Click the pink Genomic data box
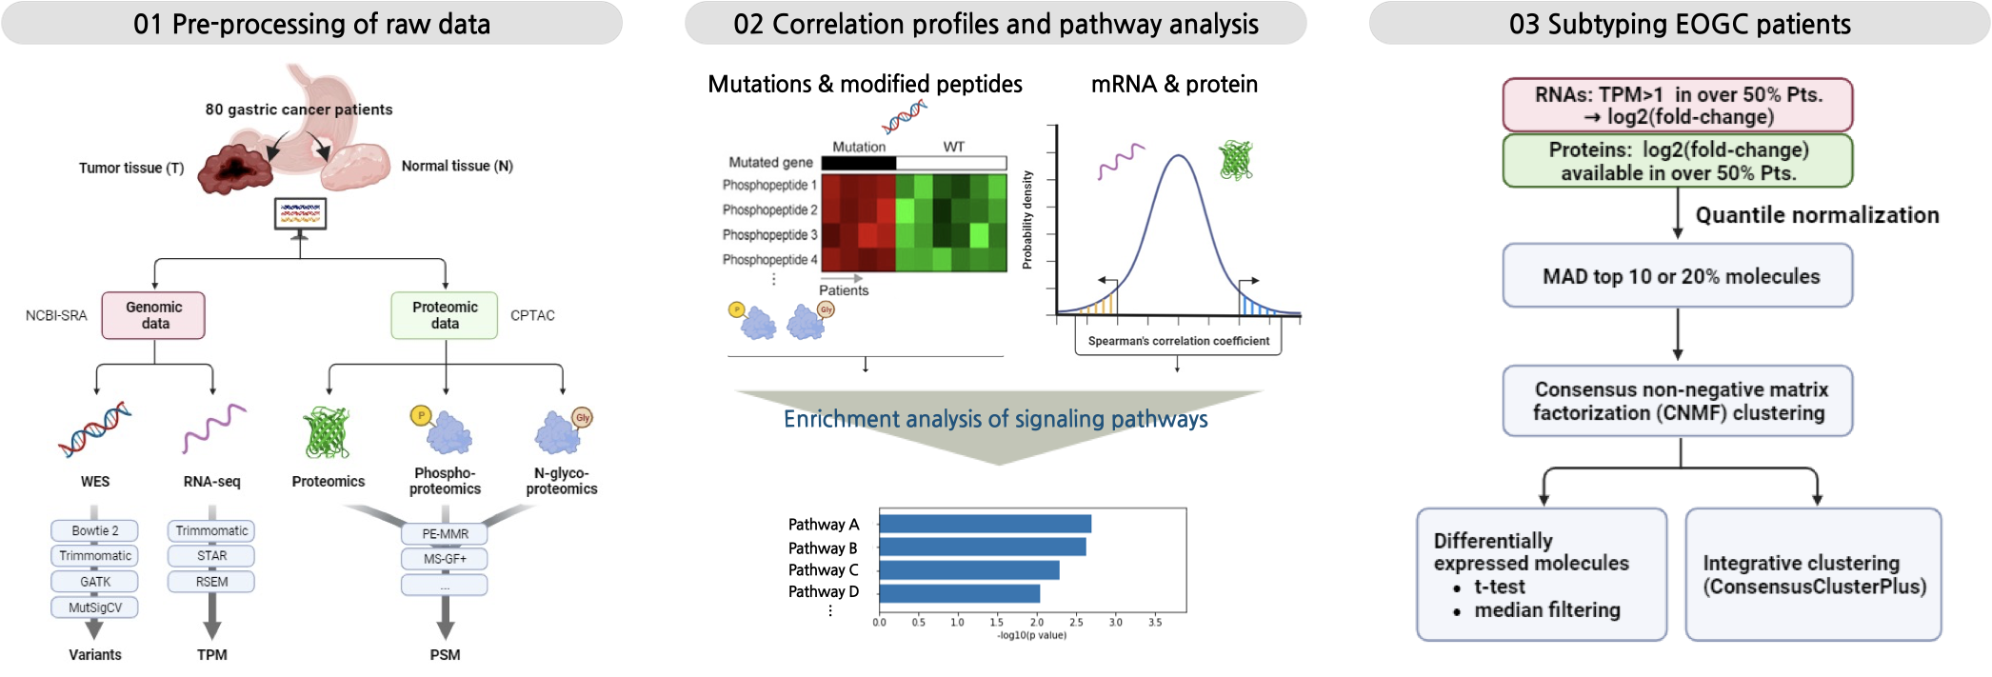click(x=153, y=315)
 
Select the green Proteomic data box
click(x=445, y=315)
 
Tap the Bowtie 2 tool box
click(x=94, y=530)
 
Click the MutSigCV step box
click(x=94, y=607)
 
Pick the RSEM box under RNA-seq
click(x=211, y=582)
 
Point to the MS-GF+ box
click(x=444, y=559)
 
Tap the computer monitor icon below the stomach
click(x=300, y=214)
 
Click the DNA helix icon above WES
click(x=94, y=429)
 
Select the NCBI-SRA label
click(x=56, y=315)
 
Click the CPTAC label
click(x=532, y=315)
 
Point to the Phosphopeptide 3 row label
click(x=769, y=235)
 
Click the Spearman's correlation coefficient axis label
click(x=1178, y=341)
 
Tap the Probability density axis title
click(x=1027, y=220)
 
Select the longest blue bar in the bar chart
click(x=985, y=524)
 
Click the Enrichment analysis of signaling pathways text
click(x=995, y=419)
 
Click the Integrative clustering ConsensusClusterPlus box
click(x=1813, y=574)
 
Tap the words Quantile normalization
click(x=1816, y=215)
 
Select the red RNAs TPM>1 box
click(x=1677, y=106)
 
